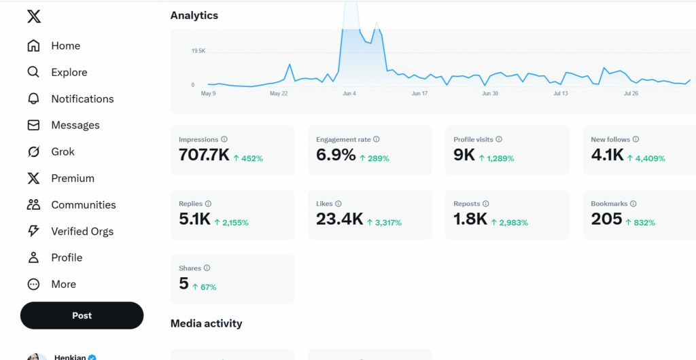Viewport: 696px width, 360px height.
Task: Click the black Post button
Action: [x=82, y=315]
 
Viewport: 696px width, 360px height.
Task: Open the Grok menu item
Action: [x=63, y=151]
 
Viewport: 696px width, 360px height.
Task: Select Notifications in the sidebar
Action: [x=82, y=98]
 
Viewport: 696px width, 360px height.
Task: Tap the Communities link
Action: [x=83, y=204]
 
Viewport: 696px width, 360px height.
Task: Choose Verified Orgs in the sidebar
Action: [x=82, y=231]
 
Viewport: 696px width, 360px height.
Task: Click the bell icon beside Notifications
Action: [x=33, y=98]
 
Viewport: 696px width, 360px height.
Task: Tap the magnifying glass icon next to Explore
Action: [x=33, y=72]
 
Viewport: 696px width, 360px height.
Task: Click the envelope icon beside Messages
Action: [x=33, y=125]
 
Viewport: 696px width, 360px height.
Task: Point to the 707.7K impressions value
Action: [x=204, y=155]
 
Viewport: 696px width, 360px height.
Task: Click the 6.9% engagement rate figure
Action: [x=336, y=155]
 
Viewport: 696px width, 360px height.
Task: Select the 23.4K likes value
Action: [x=339, y=219]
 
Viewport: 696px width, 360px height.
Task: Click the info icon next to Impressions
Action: [x=224, y=139]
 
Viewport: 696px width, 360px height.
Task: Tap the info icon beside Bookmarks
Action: [x=633, y=204]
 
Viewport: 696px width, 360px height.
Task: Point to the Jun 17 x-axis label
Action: [x=419, y=94]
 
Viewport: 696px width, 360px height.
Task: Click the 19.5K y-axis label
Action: [x=198, y=51]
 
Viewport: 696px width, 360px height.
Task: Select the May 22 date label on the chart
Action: [x=278, y=94]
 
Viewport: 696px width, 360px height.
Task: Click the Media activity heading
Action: [x=206, y=323]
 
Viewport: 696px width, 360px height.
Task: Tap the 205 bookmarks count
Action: [x=606, y=219]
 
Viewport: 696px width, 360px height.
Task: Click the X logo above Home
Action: [x=34, y=16]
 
